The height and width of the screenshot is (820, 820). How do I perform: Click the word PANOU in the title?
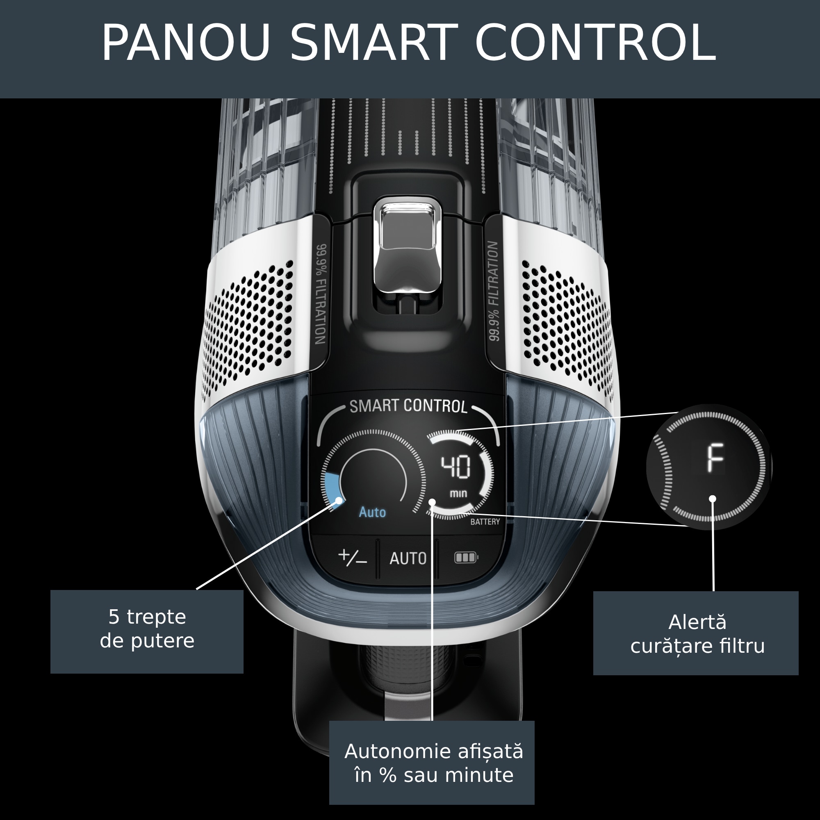click(x=186, y=43)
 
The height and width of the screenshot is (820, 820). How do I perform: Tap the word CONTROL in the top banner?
click(x=595, y=43)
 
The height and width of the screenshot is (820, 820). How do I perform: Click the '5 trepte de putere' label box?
click(x=147, y=631)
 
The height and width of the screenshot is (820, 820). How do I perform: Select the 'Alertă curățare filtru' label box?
click(x=696, y=633)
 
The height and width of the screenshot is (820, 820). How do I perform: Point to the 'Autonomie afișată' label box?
click(x=432, y=763)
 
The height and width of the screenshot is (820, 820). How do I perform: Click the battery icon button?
click(x=466, y=557)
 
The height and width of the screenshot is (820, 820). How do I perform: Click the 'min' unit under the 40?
click(x=458, y=494)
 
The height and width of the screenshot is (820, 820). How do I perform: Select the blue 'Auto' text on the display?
click(x=372, y=512)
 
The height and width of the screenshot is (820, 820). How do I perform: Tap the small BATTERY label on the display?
click(x=485, y=522)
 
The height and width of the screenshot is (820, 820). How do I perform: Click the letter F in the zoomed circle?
click(x=715, y=458)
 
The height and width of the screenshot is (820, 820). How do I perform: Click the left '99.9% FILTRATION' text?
click(x=321, y=294)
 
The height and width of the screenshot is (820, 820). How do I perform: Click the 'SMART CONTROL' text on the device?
click(x=408, y=406)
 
